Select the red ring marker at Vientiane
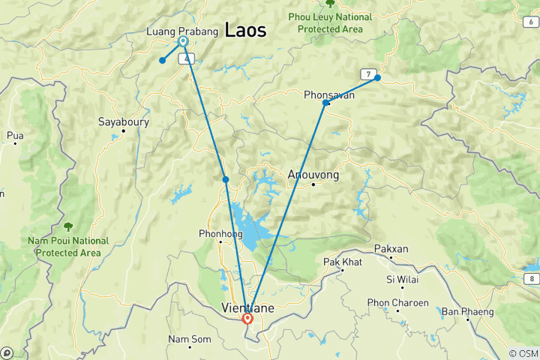[247, 318]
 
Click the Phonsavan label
[329, 95]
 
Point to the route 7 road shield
[367, 73]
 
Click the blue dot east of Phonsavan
[377, 78]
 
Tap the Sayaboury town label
[124, 121]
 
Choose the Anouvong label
[313, 175]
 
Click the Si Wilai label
[400, 280]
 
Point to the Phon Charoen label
[397, 303]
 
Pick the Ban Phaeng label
[467, 311]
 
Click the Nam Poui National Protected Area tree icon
[68, 226]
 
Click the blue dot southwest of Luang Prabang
[162, 61]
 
